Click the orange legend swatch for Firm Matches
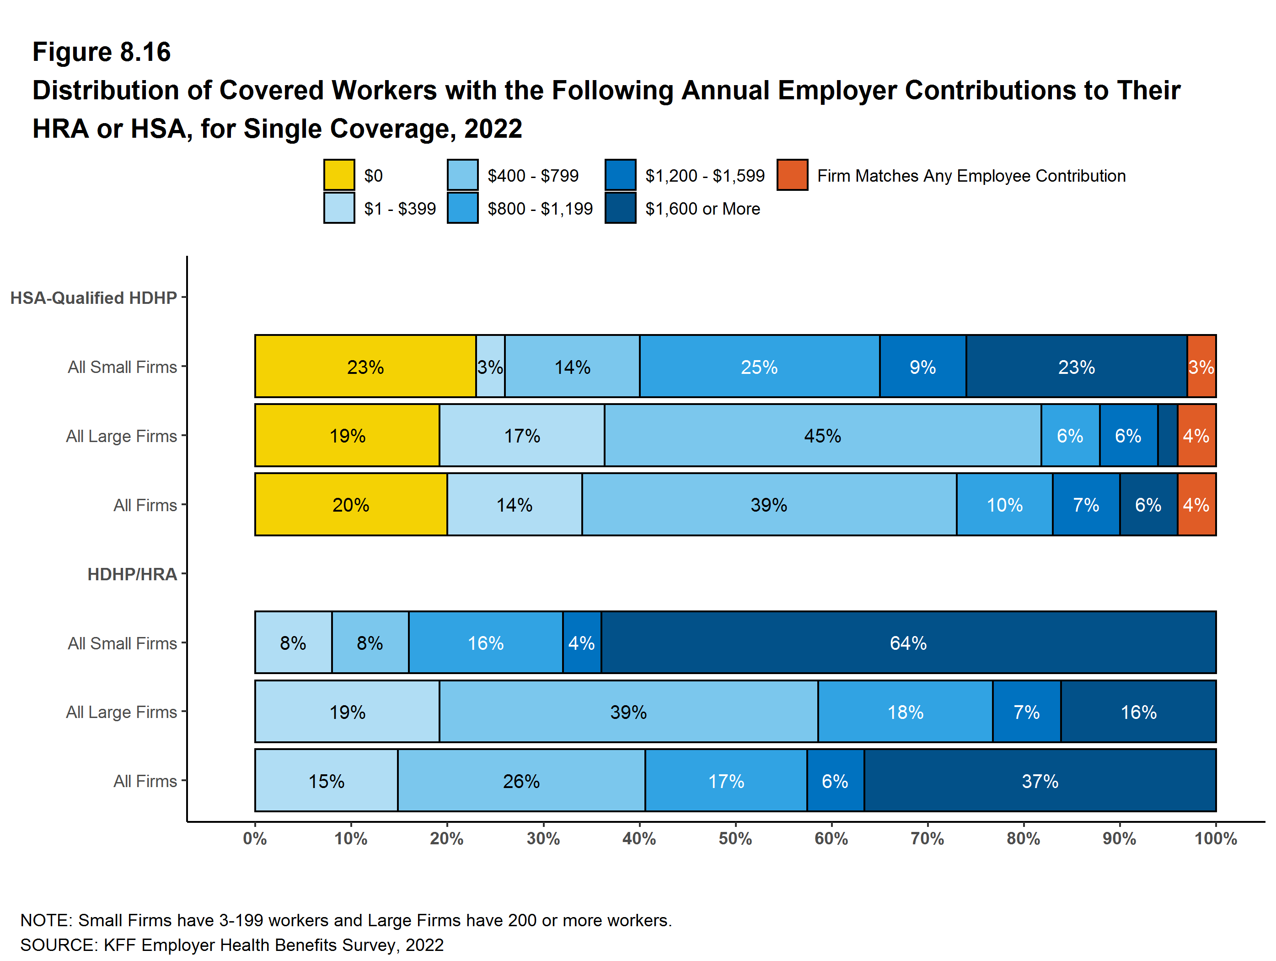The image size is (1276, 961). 792,175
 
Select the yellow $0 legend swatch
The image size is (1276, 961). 338,175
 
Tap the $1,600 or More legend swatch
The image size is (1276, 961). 620,208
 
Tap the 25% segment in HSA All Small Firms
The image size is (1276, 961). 759,367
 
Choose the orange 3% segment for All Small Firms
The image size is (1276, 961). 1201,367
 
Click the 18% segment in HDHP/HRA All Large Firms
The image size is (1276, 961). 905,712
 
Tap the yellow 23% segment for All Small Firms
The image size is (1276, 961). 365,367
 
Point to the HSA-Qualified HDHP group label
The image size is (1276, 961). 93,298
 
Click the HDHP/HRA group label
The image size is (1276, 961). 132,574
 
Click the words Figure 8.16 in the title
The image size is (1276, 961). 102,52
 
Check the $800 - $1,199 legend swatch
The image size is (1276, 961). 462,208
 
